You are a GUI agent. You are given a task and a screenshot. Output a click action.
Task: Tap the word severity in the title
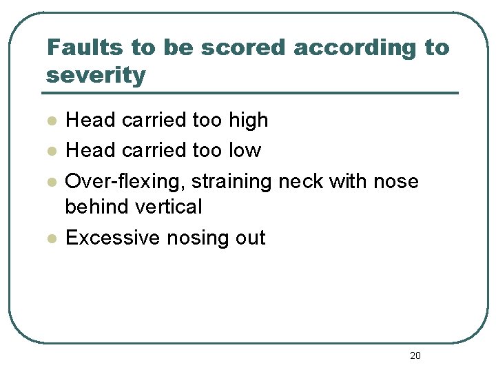pyautogui.click(x=96, y=74)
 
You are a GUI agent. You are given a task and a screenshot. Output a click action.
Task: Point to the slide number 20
pyautogui.click(x=415, y=355)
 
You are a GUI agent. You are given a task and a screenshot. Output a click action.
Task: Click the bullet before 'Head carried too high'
pyautogui.click(x=50, y=121)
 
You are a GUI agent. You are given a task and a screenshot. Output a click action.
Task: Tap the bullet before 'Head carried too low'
pyautogui.click(x=50, y=150)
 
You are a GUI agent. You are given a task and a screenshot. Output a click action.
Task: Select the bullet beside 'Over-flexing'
pyautogui.click(x=50, y=182)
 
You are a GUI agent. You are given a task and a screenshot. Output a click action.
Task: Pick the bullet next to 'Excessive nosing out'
pyautogui.click(x=50, y=238)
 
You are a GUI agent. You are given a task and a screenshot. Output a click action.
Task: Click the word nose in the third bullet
pyautogui.click(x=395, y=182)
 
